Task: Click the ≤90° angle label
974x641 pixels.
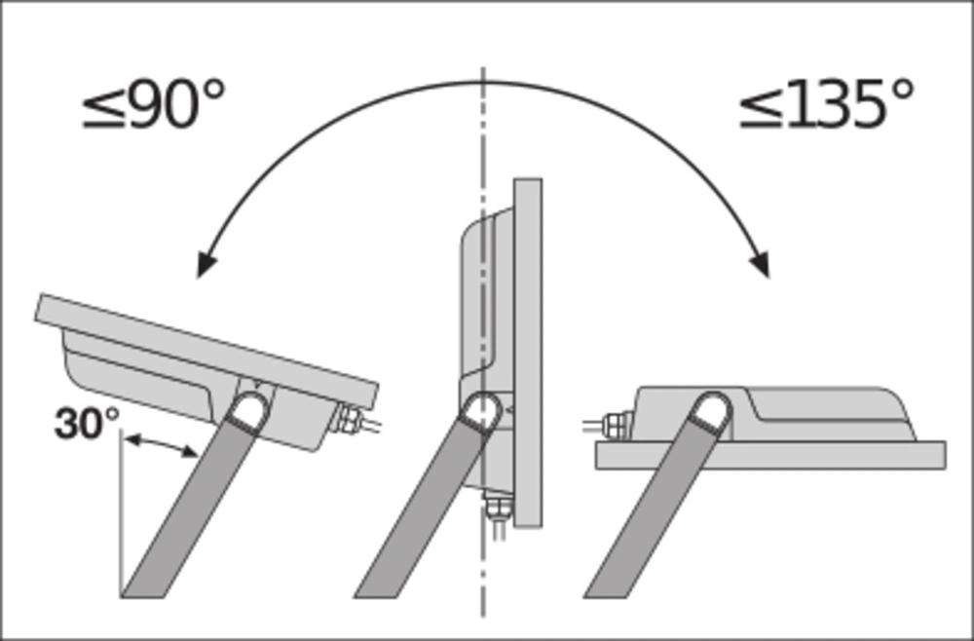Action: (154, 103)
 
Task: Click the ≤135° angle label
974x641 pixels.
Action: (827, 103)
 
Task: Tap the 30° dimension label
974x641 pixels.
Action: (87, 424)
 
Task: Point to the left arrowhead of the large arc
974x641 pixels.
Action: (206, 263)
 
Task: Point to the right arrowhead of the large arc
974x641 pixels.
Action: (761, 263)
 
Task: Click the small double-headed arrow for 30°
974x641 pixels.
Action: (161, 446)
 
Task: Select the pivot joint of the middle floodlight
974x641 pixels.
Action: (482, 410)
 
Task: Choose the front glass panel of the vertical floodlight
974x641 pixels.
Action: (528, 353)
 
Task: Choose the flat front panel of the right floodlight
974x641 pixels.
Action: (770, 455)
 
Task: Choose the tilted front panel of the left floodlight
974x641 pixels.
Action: (206, 351)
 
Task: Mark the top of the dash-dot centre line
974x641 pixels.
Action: (483, 67)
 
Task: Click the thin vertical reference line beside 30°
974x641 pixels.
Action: (122, 513)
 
